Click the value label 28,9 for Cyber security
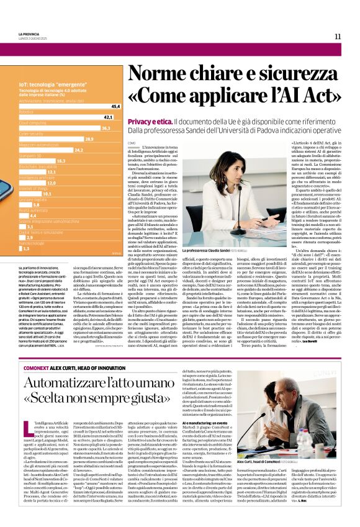[89, 138]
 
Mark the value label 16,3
[60, 160]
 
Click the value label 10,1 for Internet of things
[47, 194]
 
